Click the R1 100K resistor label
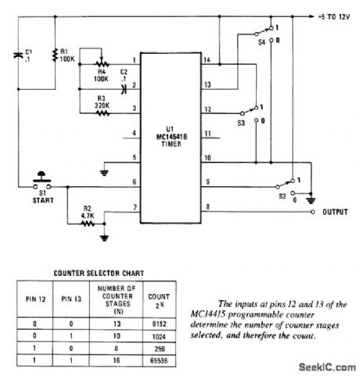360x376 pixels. (x=68, y=56)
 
